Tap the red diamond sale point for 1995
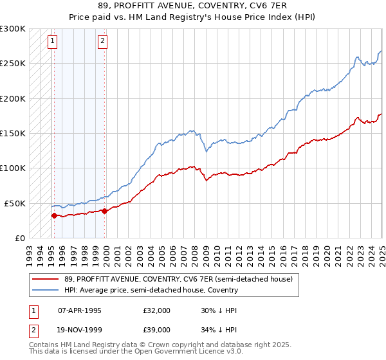click(54, 215)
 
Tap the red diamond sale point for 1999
click(104, 211)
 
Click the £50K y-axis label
click(15, 203)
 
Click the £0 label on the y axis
click(20, 238)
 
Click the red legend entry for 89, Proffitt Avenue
click(178, 280)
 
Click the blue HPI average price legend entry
click(151, 290)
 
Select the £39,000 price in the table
click(156, 329)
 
